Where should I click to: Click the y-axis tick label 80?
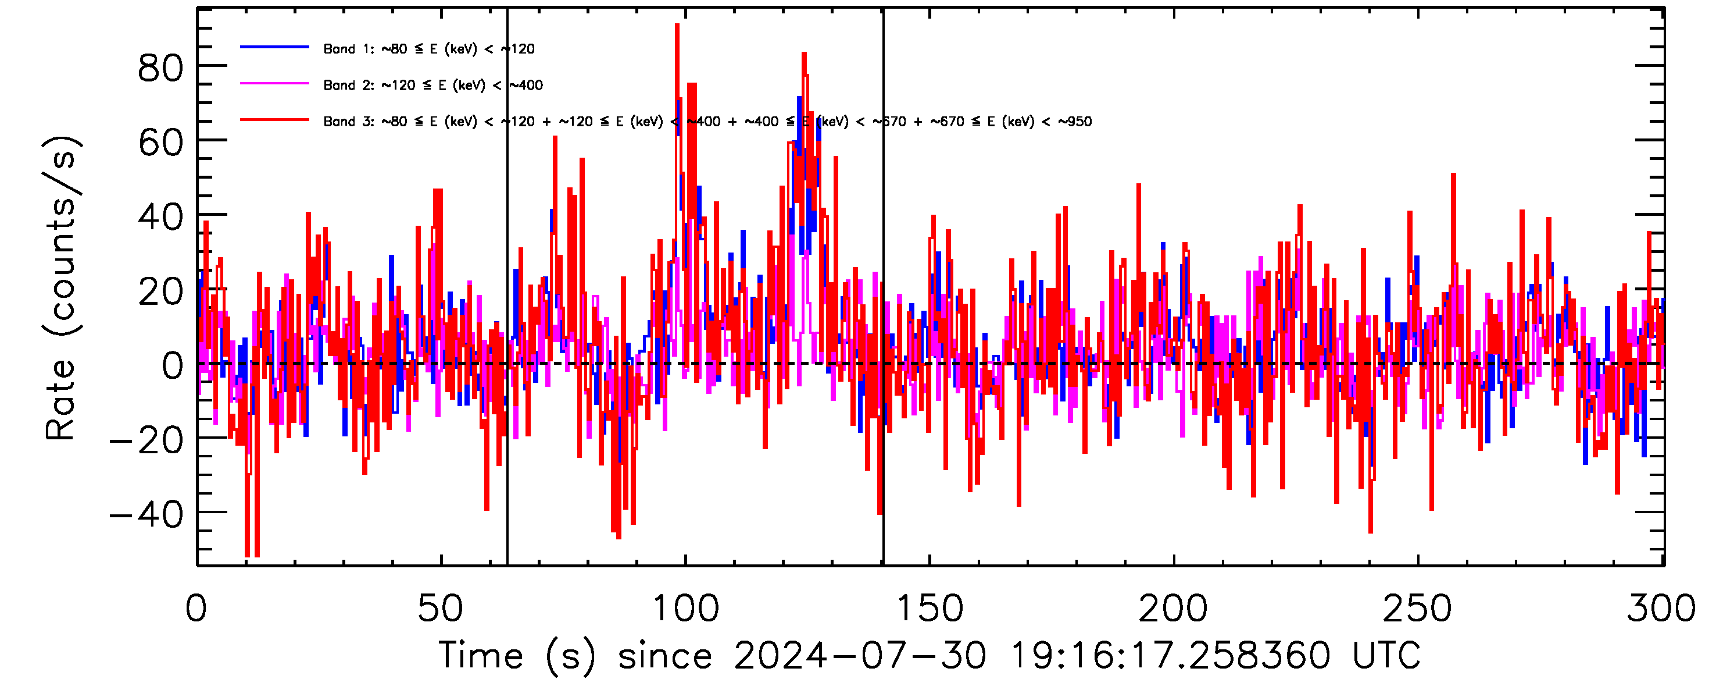coord(160,68)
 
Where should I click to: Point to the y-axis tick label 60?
coord(160,142)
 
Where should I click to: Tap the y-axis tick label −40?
coord(146,515)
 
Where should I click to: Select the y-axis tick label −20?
coord(146,440)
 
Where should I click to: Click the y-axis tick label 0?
coord(173,365)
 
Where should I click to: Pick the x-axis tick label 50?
coord(440,608)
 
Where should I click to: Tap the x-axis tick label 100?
coord(685,608)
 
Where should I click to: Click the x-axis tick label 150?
coord(930,608)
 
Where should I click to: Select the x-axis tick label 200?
coord(1173,608)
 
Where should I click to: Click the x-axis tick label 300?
coord(1661,608)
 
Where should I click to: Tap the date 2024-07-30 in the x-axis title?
coord(860,655)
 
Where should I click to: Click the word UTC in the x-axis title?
coord(1386,655)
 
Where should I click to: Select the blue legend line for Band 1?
coord(274,47)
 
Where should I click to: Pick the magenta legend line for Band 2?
coord(274,84)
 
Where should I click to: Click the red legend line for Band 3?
coord(274,120)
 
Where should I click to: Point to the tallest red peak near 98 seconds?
coord(677,27)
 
